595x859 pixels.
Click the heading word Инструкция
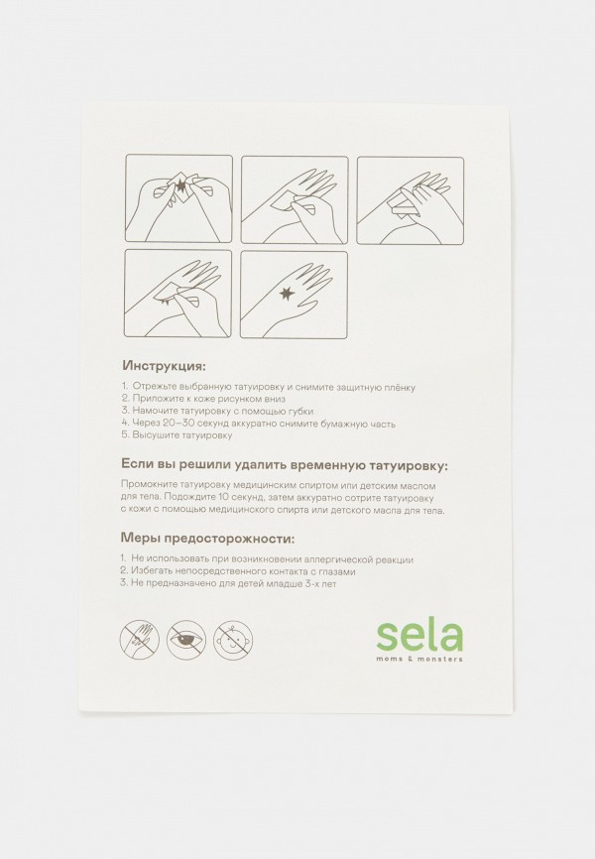click(x=164, y=365)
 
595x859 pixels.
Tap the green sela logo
click(x=419, y=636)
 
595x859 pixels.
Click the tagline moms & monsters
click(x=419, y=659)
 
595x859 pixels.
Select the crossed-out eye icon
click(x=186, y=640)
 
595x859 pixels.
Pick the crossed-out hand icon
click(x=140, y=640)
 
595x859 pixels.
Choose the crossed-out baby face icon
click(x=233, y=640)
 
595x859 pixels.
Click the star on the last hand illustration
click(x=286, y=295)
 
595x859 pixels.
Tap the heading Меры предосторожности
click(x=207, y=539)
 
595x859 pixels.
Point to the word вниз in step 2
click(x=273, y=399)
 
